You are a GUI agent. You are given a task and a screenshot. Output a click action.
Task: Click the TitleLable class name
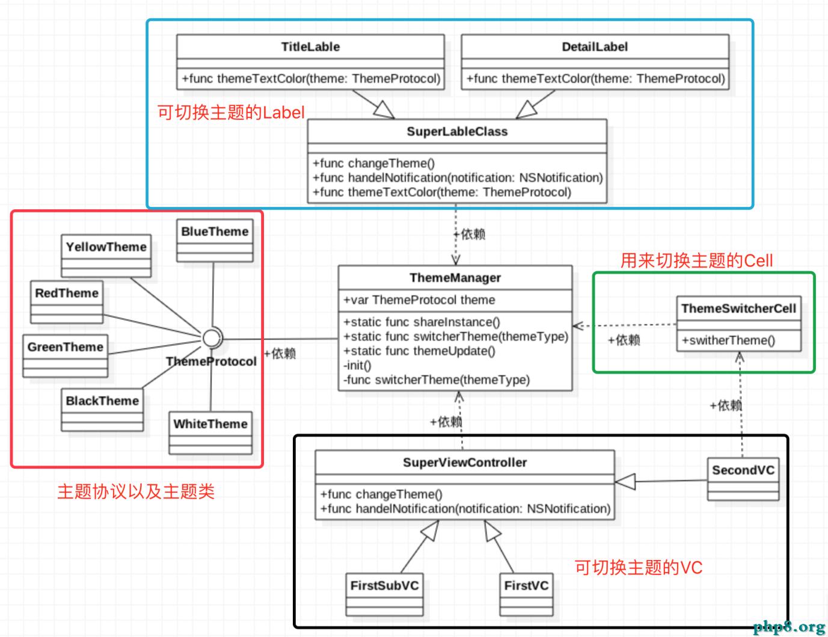pos(310,47)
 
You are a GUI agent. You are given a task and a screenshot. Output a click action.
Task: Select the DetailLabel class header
pos(595,47)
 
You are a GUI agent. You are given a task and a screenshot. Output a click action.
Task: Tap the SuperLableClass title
pos(457,132)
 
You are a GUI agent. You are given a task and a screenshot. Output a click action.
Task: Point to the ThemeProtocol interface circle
pos(212,339)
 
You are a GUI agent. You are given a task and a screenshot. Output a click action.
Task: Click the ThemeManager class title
pos(455,278)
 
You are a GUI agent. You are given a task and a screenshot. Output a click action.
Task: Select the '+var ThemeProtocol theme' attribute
pos(419,300)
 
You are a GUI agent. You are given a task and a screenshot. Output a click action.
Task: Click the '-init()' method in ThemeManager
pos(358,365)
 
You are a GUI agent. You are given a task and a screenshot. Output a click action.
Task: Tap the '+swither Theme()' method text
pos(728,340)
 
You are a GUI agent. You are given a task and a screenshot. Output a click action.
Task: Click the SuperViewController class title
pos(465,463)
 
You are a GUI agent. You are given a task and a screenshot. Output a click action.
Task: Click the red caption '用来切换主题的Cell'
pos(696,260)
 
